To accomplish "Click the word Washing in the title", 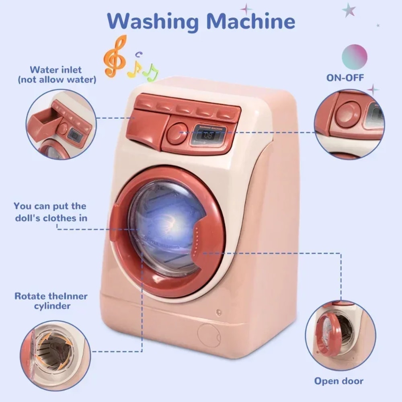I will coord(153,22).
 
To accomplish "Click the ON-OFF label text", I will coord(345,78).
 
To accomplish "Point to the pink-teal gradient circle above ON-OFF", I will coord(354,57).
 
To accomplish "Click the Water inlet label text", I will coord(55,70).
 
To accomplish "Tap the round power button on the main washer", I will coord(177,133).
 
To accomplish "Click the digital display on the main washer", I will coord(208,135).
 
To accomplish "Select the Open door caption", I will coord(338,381).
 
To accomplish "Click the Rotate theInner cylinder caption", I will coord(51,301).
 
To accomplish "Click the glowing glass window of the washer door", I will coord(167,227).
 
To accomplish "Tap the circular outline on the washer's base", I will coord(209,335).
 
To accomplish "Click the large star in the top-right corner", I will coord(349,10).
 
